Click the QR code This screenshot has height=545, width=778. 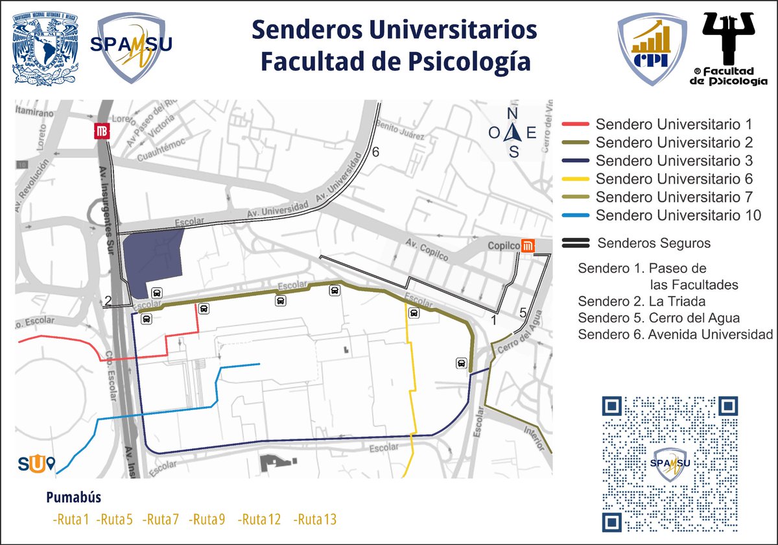click(670, 463)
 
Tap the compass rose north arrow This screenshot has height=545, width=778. click(514, 132)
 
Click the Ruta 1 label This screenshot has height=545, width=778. click(71, 520)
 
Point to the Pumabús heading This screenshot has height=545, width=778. click(73, 498)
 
